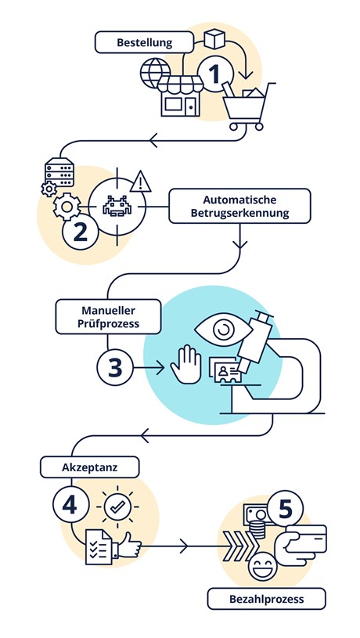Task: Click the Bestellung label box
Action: [144, 42]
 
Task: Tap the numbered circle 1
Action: [215, 74]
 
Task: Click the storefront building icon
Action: [180, 96]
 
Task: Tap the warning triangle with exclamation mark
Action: [141, 182]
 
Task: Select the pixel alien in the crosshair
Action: [117, 206]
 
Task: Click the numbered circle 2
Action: [80, 232]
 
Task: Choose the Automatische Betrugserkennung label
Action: [239, 206]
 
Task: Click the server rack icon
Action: [59, 171]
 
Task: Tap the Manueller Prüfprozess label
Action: [108, 316]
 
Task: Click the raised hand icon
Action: [186, 365]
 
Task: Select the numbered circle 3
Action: [115, 367]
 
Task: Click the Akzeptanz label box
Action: [89, 467]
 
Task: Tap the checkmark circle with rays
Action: [117, 506]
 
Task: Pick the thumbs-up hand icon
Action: [125, 544]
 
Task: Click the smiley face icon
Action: [262, 566]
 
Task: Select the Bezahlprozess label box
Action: [266, 599]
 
